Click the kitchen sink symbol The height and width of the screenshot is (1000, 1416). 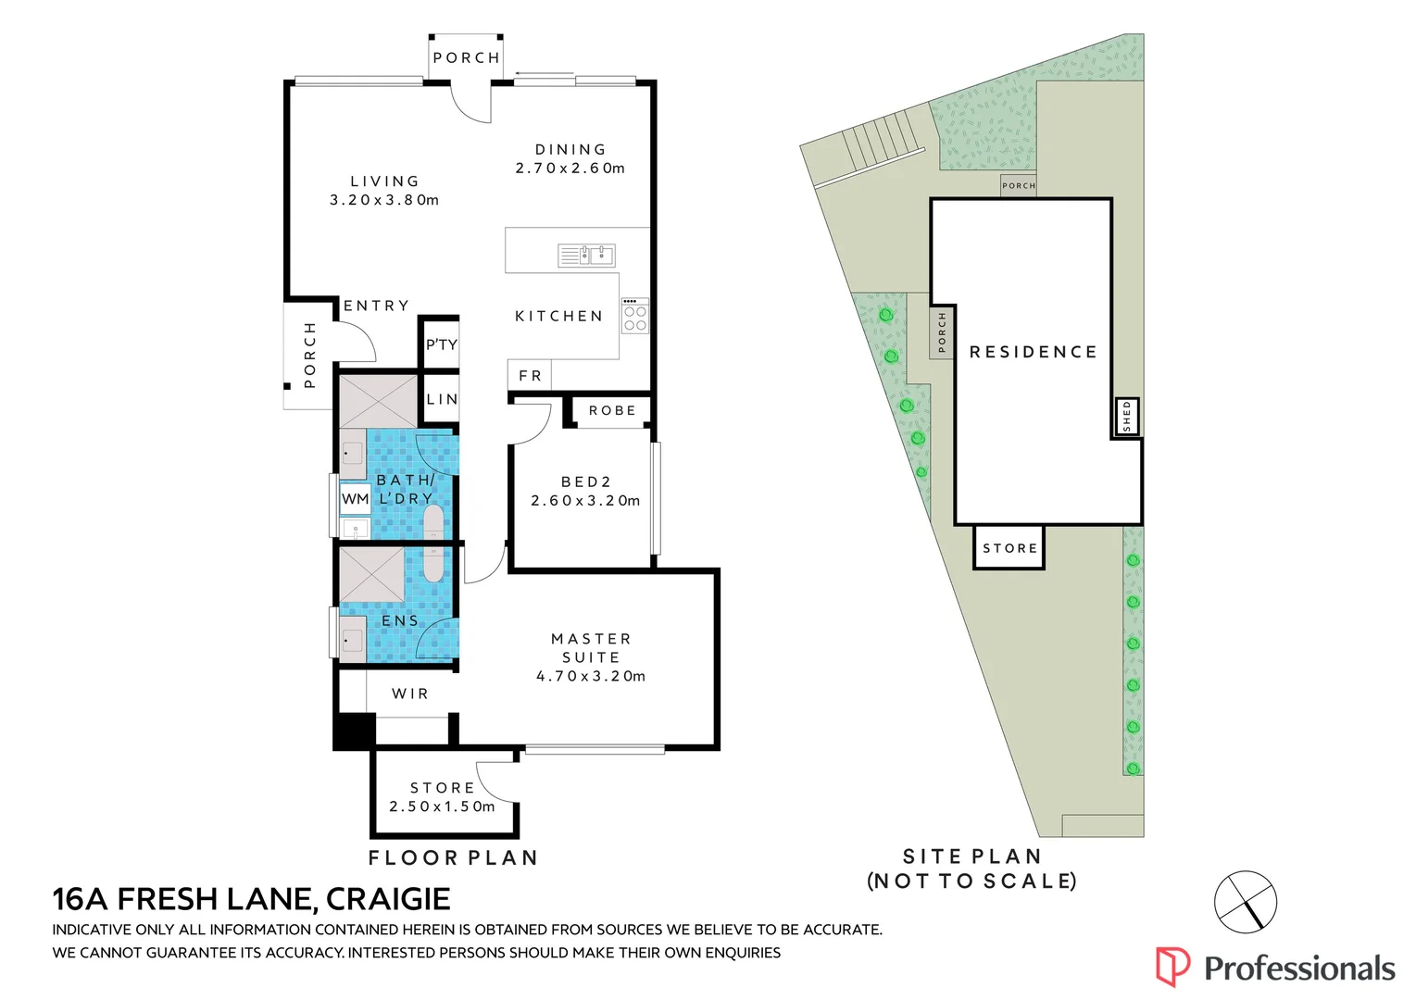[x=587, y=256]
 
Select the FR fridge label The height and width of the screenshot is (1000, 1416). [x=530, y=376]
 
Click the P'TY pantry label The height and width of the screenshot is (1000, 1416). [x=442, y=344]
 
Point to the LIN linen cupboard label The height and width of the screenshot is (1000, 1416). [x=442, y=399]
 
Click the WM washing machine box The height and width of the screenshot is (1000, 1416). [x=355, y=499]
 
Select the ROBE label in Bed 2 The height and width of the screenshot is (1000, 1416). [x=612, y=410]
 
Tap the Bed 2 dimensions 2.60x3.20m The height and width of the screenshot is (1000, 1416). [x=585, y=501]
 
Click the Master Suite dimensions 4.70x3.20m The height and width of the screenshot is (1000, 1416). [x=591, y=677]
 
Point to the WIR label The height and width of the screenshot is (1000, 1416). [x=409, y=694]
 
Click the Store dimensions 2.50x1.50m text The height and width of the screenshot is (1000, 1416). [x=443, y=806]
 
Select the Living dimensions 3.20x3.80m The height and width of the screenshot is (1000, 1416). [x=384, y=200]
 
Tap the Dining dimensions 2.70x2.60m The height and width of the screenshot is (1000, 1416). [x=570, y=169]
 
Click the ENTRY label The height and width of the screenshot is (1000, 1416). [x=376, y=306]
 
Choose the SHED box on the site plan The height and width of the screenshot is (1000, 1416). [x=1126, y=417]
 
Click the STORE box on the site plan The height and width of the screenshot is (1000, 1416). [x=1009, y=548]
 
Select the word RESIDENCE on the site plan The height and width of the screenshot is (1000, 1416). [x=1034, y=352]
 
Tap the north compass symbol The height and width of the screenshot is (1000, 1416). [x=1246, y=902]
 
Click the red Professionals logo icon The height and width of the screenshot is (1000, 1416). [x=1172, y=967]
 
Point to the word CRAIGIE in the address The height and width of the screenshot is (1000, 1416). [x=388, y=899]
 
